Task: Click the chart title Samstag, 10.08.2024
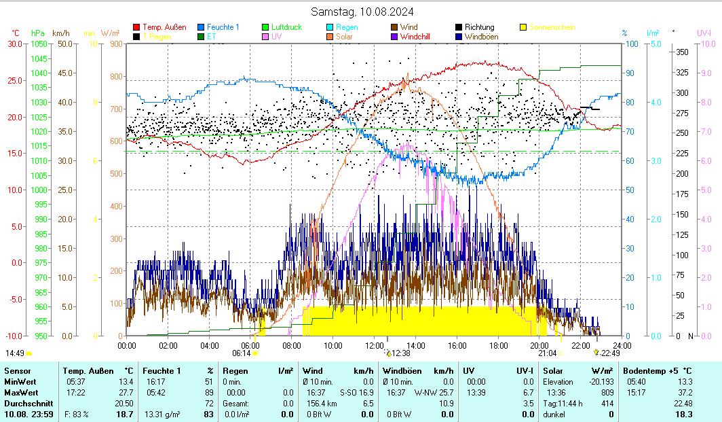click(x=362, y=12)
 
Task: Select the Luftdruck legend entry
click(x=286, y=27)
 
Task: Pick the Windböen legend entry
click(x=484, y=37)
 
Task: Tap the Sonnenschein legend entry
click(x=552, y=27)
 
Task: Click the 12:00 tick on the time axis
click(x=375, y=345)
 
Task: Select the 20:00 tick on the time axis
click(x=539, y=345)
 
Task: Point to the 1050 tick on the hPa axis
click(x=39, y=43)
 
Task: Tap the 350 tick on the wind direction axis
click(x=683, y=52)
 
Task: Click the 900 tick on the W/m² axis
click(x=115, y=43)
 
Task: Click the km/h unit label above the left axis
click(x=60, y=33)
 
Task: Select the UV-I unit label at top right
click(x=704, y=33)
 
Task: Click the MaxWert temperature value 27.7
click(x=126, y=393)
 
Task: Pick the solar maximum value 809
click(x=607, y=393)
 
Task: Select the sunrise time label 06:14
click(x=242, y=353)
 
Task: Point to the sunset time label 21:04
click(x=547, y=353)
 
